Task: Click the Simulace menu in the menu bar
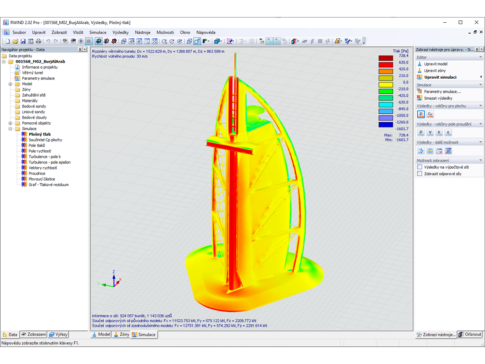(98, 32)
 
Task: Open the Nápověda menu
(206, 32)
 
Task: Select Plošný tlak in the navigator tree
(39, 134)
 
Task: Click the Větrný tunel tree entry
(32, 73)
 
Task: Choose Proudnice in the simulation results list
(37, 173)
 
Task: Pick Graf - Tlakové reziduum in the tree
(48, 184)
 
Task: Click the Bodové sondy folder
(34, 106)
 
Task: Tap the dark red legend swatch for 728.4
(385, 58)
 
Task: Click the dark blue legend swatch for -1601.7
(385, 125)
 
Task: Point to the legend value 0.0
(405, 82)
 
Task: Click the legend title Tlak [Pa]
(400, 51)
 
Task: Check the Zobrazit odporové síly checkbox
(420, 173)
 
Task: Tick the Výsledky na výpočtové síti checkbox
(420, 167)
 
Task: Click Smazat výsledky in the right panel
(438, 98)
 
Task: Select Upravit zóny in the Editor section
(434, 70)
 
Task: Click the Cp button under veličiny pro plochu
(430, 114)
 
